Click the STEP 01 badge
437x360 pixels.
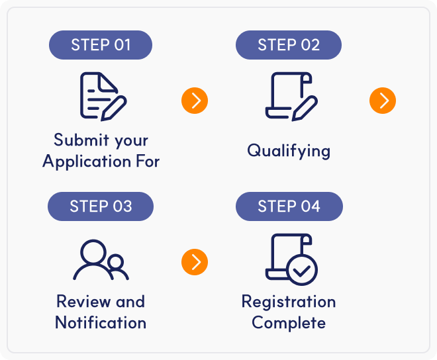(101, 45)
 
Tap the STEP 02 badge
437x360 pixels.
(289, 45)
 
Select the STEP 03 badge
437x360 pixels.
(101, 206)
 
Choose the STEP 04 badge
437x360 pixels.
(289, 206)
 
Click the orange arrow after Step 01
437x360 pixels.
(195, 101)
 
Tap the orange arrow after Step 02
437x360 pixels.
(383, 101)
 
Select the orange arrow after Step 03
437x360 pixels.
(195, 262)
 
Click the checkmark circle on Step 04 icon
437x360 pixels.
(302, 270)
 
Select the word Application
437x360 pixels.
(87, 162)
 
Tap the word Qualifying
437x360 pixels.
(289, 151)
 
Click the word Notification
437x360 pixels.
(101, 323)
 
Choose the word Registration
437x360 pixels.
(289, 302)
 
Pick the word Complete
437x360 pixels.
(289, 324)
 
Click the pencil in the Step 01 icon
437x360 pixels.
(114, 109)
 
